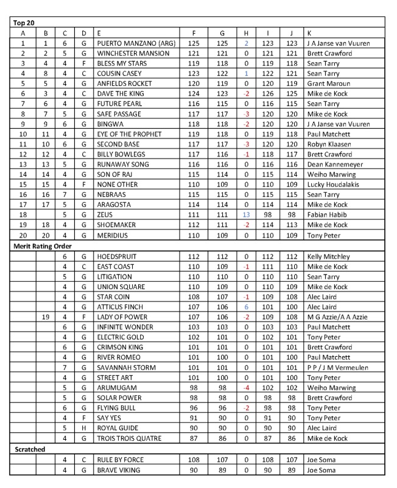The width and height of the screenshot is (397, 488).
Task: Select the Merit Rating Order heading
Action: pyautogui.click(x=43, y=246)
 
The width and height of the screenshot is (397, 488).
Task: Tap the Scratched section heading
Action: pyautogui.click(x=30, y=449)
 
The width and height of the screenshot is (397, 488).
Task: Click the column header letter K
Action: pyautogui.click(x=311, y=33)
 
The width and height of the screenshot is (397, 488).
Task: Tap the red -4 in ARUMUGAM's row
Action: pyautogui.click(x=246, y=387)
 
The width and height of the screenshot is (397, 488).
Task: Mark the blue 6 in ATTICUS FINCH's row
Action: pyautogui.click(x=246, y=307)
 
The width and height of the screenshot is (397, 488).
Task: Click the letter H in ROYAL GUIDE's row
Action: pyautogui.click(x=83, y=428)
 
